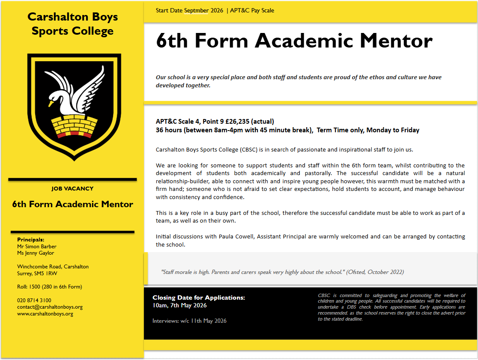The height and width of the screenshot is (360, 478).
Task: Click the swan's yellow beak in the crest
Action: point(51,103)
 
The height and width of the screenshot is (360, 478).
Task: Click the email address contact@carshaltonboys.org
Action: point(50,307)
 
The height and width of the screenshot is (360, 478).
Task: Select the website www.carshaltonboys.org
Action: point(45,314)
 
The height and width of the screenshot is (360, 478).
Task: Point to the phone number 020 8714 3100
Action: point(34,300)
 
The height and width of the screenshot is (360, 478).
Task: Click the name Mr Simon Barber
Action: point(37,246)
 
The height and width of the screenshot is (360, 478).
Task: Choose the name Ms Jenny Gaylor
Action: point(36,253)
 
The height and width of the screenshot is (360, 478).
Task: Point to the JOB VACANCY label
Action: point(72,188)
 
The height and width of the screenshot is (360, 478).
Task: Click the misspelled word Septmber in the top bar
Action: point(197,10)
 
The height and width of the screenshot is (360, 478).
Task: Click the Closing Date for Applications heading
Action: point(199,298)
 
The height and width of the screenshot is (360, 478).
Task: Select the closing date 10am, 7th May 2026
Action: point(179,305)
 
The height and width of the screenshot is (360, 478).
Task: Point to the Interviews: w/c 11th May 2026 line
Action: point(189,321)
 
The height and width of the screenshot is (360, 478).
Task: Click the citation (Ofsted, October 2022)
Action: point(375,272)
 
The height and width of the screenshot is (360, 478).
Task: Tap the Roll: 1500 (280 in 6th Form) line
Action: point(49,287)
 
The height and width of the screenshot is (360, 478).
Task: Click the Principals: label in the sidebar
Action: point(30,240)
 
